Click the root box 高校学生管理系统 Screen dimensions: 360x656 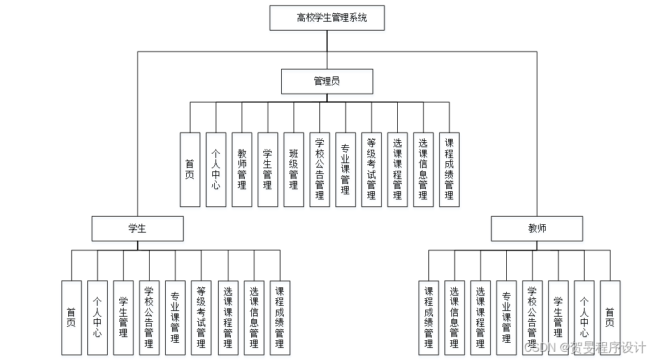coord(327,18)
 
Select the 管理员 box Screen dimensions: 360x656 coord(327,82)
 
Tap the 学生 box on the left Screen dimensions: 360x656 coord(137,229)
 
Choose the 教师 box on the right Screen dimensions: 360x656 coord(537,229)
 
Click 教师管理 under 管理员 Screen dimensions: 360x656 coord(242,169)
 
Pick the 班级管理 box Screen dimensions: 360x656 coord(294,169)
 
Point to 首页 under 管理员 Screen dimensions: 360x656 coord(189,169)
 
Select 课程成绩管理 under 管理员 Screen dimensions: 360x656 coord(449,169)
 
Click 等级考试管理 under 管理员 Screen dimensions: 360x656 coord(371,169)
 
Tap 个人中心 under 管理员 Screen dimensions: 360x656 coord(215,169)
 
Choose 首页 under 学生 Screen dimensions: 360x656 coord(71,317)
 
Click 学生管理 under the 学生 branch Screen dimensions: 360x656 coord(124,317)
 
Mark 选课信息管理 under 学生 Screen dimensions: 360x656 coord(254,317)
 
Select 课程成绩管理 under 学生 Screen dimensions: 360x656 coord(280,317)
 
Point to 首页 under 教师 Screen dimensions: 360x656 coord(610,317)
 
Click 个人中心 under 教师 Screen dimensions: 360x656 coord(584,317)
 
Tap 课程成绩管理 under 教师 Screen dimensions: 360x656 coord(428,317)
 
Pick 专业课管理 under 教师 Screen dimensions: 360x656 coord(506,317)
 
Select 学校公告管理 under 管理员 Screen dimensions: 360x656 coord(319,169)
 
